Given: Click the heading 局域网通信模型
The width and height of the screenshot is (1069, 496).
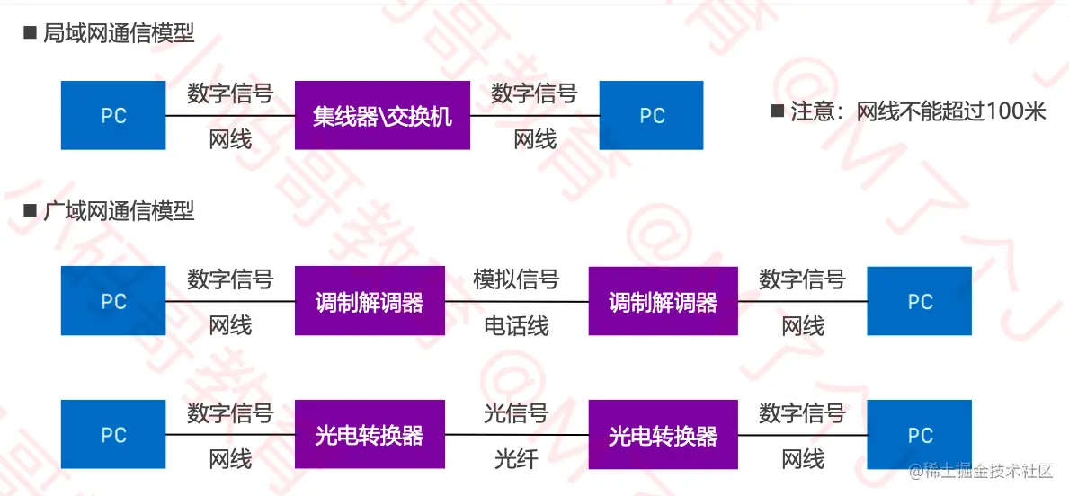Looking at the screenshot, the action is (119, 34).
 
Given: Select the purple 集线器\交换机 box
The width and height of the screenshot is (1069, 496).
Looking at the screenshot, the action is (382, 116).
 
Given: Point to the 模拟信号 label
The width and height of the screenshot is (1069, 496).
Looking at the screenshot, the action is (516, 279).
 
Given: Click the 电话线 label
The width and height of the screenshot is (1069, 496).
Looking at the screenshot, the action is (516, 325).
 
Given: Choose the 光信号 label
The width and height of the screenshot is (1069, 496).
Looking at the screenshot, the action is (516, 413).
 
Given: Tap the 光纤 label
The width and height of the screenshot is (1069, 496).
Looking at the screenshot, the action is (516, 459).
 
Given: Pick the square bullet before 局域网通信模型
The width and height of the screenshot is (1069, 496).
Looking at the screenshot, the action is (29, 34).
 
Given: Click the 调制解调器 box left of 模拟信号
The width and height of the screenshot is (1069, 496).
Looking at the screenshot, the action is (370, 301).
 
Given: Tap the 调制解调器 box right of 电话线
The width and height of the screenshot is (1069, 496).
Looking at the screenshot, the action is (663, 301).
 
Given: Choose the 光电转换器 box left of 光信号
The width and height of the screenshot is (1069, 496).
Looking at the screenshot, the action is (370, 435).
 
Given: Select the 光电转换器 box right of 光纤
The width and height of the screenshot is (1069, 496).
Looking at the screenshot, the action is (663, 435).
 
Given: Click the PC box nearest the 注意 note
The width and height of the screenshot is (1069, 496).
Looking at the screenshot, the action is (652, 116).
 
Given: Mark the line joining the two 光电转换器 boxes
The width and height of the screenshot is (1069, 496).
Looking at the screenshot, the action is (516, 436).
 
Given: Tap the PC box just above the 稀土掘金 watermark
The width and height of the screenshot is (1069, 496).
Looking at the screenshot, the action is (919, 435).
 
